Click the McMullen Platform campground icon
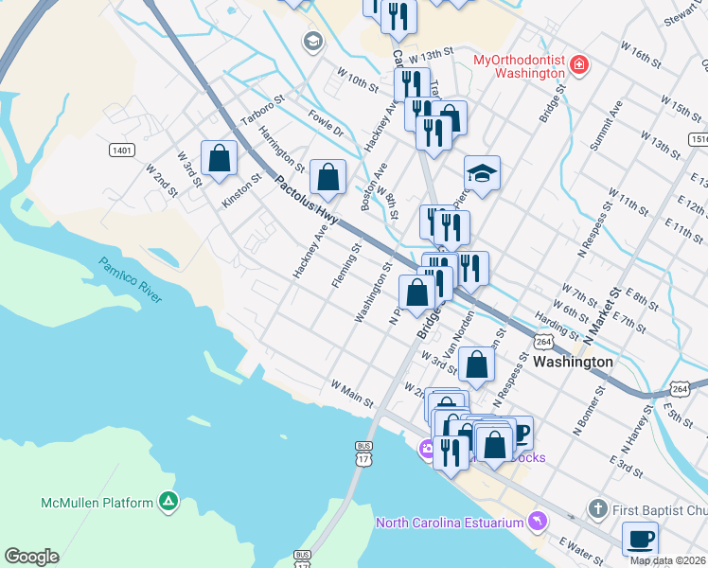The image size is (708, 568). (x=168, y=502)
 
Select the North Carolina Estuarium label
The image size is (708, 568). (x=450, y=523)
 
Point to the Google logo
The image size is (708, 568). (x=31, y=557)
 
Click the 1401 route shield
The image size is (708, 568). (x=121, y=151)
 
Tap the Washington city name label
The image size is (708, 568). (x=573, y=362)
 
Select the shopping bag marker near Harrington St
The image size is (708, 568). (x=327, y=177)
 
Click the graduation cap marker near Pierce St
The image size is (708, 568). (x=482, y=173)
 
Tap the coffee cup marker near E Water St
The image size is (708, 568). (x=640, y=539)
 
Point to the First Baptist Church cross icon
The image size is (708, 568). (x=597, y=509)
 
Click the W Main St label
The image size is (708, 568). (x=351, y=395)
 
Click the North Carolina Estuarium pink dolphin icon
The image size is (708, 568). (x=538, y=522)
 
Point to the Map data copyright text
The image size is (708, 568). (x=667, y=560)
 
